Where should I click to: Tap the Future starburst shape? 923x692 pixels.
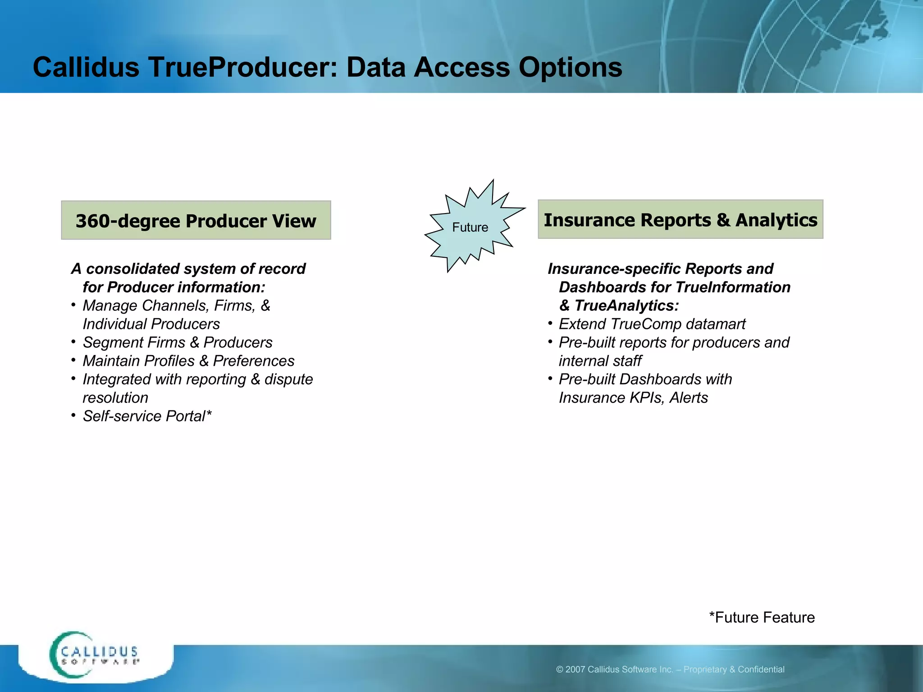click(x=471, y=227)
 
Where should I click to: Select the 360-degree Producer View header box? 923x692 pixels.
click(x=196, y=220)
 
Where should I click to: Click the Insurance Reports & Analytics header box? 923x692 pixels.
click(x=680, y=219)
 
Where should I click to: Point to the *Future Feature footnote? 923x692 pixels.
click(x=762, y=617)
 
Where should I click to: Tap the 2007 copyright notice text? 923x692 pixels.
click(x=670, y=669)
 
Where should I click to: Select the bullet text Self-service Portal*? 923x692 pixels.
click(x=147, y=416)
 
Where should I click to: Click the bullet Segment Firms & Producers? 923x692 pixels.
click(x=178, y=342)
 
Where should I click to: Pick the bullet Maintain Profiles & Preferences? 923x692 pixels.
click(x=188, y=361)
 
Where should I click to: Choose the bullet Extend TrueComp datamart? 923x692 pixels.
click(x=652, y=324)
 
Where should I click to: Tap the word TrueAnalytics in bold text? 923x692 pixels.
click(x=626, y=305)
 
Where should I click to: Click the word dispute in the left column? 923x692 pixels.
click(x=288, y=379)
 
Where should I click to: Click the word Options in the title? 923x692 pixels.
click(x=570, y=68)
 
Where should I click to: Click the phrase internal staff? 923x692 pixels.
click(x=600, y=361)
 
